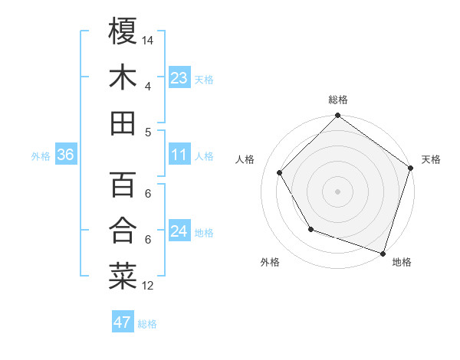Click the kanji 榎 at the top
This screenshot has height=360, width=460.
[123, 31]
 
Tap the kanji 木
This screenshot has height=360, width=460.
[123, 77]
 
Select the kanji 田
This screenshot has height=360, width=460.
[123, 123]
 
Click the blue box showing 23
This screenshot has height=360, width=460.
[179, 77]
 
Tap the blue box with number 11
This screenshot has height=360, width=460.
[179, 155]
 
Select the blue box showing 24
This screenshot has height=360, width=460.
[179, 231]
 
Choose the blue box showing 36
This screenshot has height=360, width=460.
[66, 155]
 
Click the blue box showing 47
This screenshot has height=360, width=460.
[123, 322]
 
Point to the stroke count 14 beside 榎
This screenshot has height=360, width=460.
[148, 38]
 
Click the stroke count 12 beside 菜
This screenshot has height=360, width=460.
[148, 286]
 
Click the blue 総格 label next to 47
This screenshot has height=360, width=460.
[147, 324]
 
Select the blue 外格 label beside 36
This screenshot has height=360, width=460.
[41, 156]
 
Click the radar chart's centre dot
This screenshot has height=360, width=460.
[337, 191]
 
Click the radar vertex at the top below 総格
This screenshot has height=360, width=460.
[337, 116]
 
